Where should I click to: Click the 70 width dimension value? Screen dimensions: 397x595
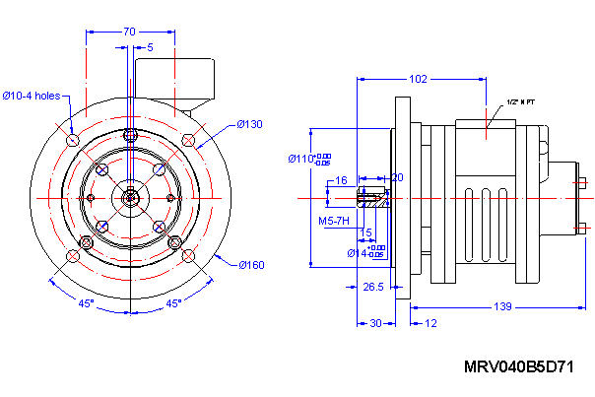coord(129,32)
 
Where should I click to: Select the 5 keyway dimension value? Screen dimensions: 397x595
coord(150,46)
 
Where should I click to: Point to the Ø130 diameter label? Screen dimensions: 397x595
coord(250,124)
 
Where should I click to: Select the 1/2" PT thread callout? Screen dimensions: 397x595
coord(520,101)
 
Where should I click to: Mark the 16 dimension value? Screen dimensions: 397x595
coord(342,180)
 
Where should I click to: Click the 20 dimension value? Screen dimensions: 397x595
coord(397,177)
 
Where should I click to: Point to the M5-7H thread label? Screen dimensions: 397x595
coord(334,222)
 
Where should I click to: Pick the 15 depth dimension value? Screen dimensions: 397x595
coord(366,232)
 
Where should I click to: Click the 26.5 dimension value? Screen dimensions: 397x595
coord(373,287)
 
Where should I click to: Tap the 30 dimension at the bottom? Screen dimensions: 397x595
coord(374,323)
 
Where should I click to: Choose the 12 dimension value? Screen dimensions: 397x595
coord(431,323)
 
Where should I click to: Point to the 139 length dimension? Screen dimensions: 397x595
coord(501,308)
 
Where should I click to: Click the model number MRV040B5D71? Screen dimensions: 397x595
coord(518,367)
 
